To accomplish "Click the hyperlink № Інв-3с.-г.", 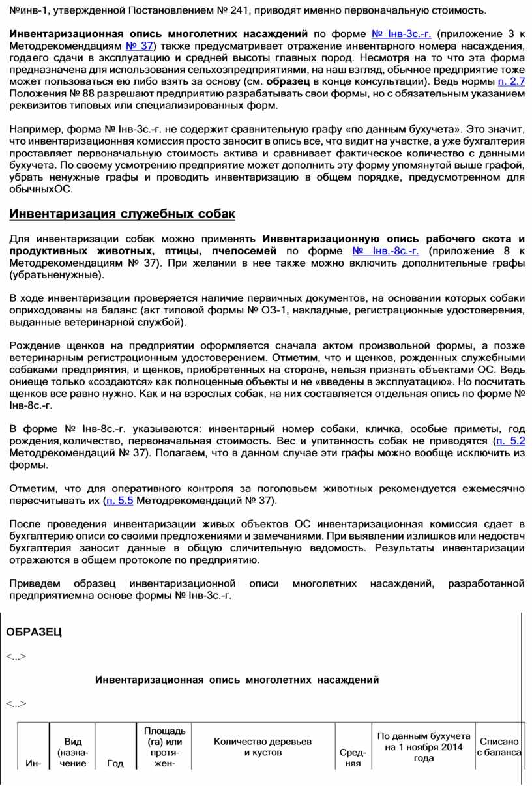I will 400,33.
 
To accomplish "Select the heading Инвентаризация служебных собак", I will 122,214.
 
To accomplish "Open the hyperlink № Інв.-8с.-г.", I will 385,251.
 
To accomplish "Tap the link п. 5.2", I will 510,441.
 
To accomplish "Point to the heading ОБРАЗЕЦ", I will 34,632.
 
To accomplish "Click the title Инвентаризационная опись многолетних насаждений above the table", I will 237,680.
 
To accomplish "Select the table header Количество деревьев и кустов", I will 263,747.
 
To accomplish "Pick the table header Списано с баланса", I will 499,747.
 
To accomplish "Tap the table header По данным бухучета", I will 424,747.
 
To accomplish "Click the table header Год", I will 115,764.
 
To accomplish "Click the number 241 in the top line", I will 235,10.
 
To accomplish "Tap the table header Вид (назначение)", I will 73,753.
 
